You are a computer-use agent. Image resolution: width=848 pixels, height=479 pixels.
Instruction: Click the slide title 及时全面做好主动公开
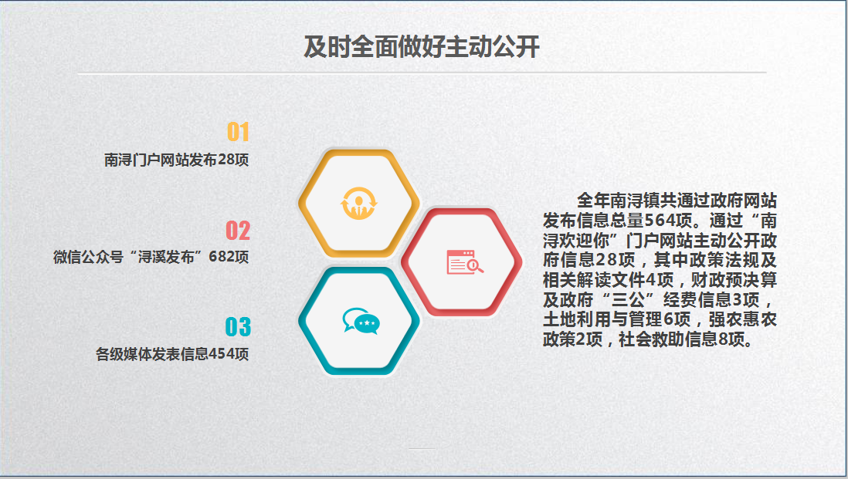(421, 47)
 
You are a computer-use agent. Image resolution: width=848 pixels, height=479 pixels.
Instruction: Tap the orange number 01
(238, 133)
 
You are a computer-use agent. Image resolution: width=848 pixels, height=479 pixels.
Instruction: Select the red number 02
(238, 231)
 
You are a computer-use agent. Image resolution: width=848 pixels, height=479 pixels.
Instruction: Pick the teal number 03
(238, 327)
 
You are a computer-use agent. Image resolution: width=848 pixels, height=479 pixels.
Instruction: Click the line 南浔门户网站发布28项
(176, 160)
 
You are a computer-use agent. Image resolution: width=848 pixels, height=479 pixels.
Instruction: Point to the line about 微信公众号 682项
(151, 257)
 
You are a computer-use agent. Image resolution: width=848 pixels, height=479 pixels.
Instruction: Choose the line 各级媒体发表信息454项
(172, 354)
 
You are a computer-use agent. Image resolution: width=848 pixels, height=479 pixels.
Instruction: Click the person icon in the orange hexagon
(358, 203)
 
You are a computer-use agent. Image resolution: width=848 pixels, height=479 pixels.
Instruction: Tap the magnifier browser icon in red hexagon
(465, 262)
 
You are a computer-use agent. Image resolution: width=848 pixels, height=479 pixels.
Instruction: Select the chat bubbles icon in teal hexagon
(361, 322)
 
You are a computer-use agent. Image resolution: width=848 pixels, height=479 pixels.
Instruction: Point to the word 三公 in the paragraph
(628, 300)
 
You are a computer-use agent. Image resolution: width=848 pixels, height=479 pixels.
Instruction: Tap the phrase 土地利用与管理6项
(616, 319)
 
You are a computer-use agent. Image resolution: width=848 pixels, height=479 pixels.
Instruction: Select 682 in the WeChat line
(221, 257)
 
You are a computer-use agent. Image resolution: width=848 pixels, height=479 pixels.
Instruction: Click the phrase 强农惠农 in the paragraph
(742, 319)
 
